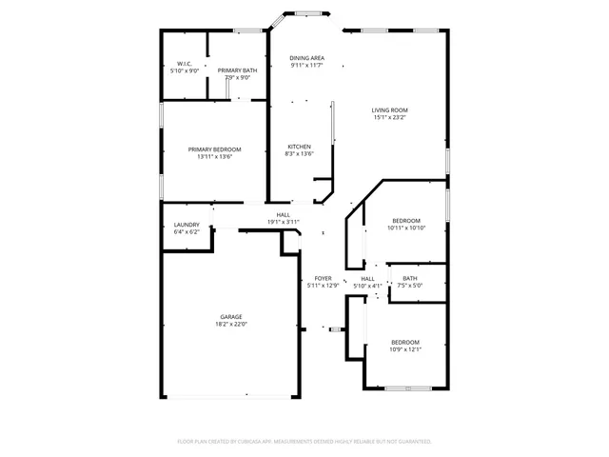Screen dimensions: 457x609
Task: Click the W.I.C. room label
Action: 184,64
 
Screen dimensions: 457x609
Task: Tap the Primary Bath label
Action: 236,70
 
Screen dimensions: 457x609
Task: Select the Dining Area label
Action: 306,58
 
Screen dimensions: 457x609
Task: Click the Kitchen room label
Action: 299,146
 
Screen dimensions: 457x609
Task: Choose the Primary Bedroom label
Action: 214,149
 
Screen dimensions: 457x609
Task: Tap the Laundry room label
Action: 187,225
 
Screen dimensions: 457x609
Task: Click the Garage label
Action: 231,317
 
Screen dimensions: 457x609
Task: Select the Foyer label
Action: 323,278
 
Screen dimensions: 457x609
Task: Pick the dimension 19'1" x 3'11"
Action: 283,222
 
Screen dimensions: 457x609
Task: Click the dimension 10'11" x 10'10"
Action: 406,228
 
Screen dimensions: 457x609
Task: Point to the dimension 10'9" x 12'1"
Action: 405,348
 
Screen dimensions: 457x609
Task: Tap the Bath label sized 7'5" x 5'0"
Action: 409,278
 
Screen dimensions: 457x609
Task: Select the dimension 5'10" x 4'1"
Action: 367,286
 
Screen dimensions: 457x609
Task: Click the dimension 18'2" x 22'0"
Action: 231,325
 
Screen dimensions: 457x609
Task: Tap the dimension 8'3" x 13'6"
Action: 299,153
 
